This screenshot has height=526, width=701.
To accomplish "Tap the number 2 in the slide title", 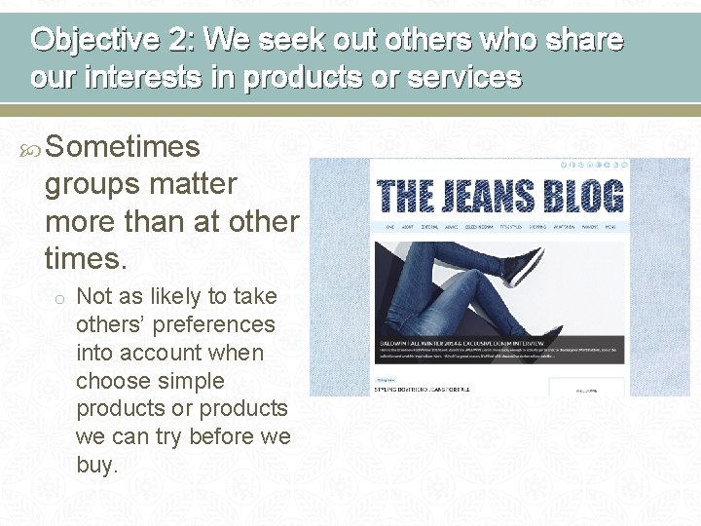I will point(182,41).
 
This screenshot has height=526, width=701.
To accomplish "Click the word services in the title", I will point(462,76).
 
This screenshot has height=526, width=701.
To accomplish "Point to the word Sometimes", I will point(123,147).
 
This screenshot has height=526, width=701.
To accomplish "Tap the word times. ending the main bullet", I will point(85,258).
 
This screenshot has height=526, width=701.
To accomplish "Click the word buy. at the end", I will point(96,465).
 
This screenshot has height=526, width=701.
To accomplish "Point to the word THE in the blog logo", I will point(404,195).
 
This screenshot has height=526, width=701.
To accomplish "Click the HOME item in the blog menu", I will point(390,226).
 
